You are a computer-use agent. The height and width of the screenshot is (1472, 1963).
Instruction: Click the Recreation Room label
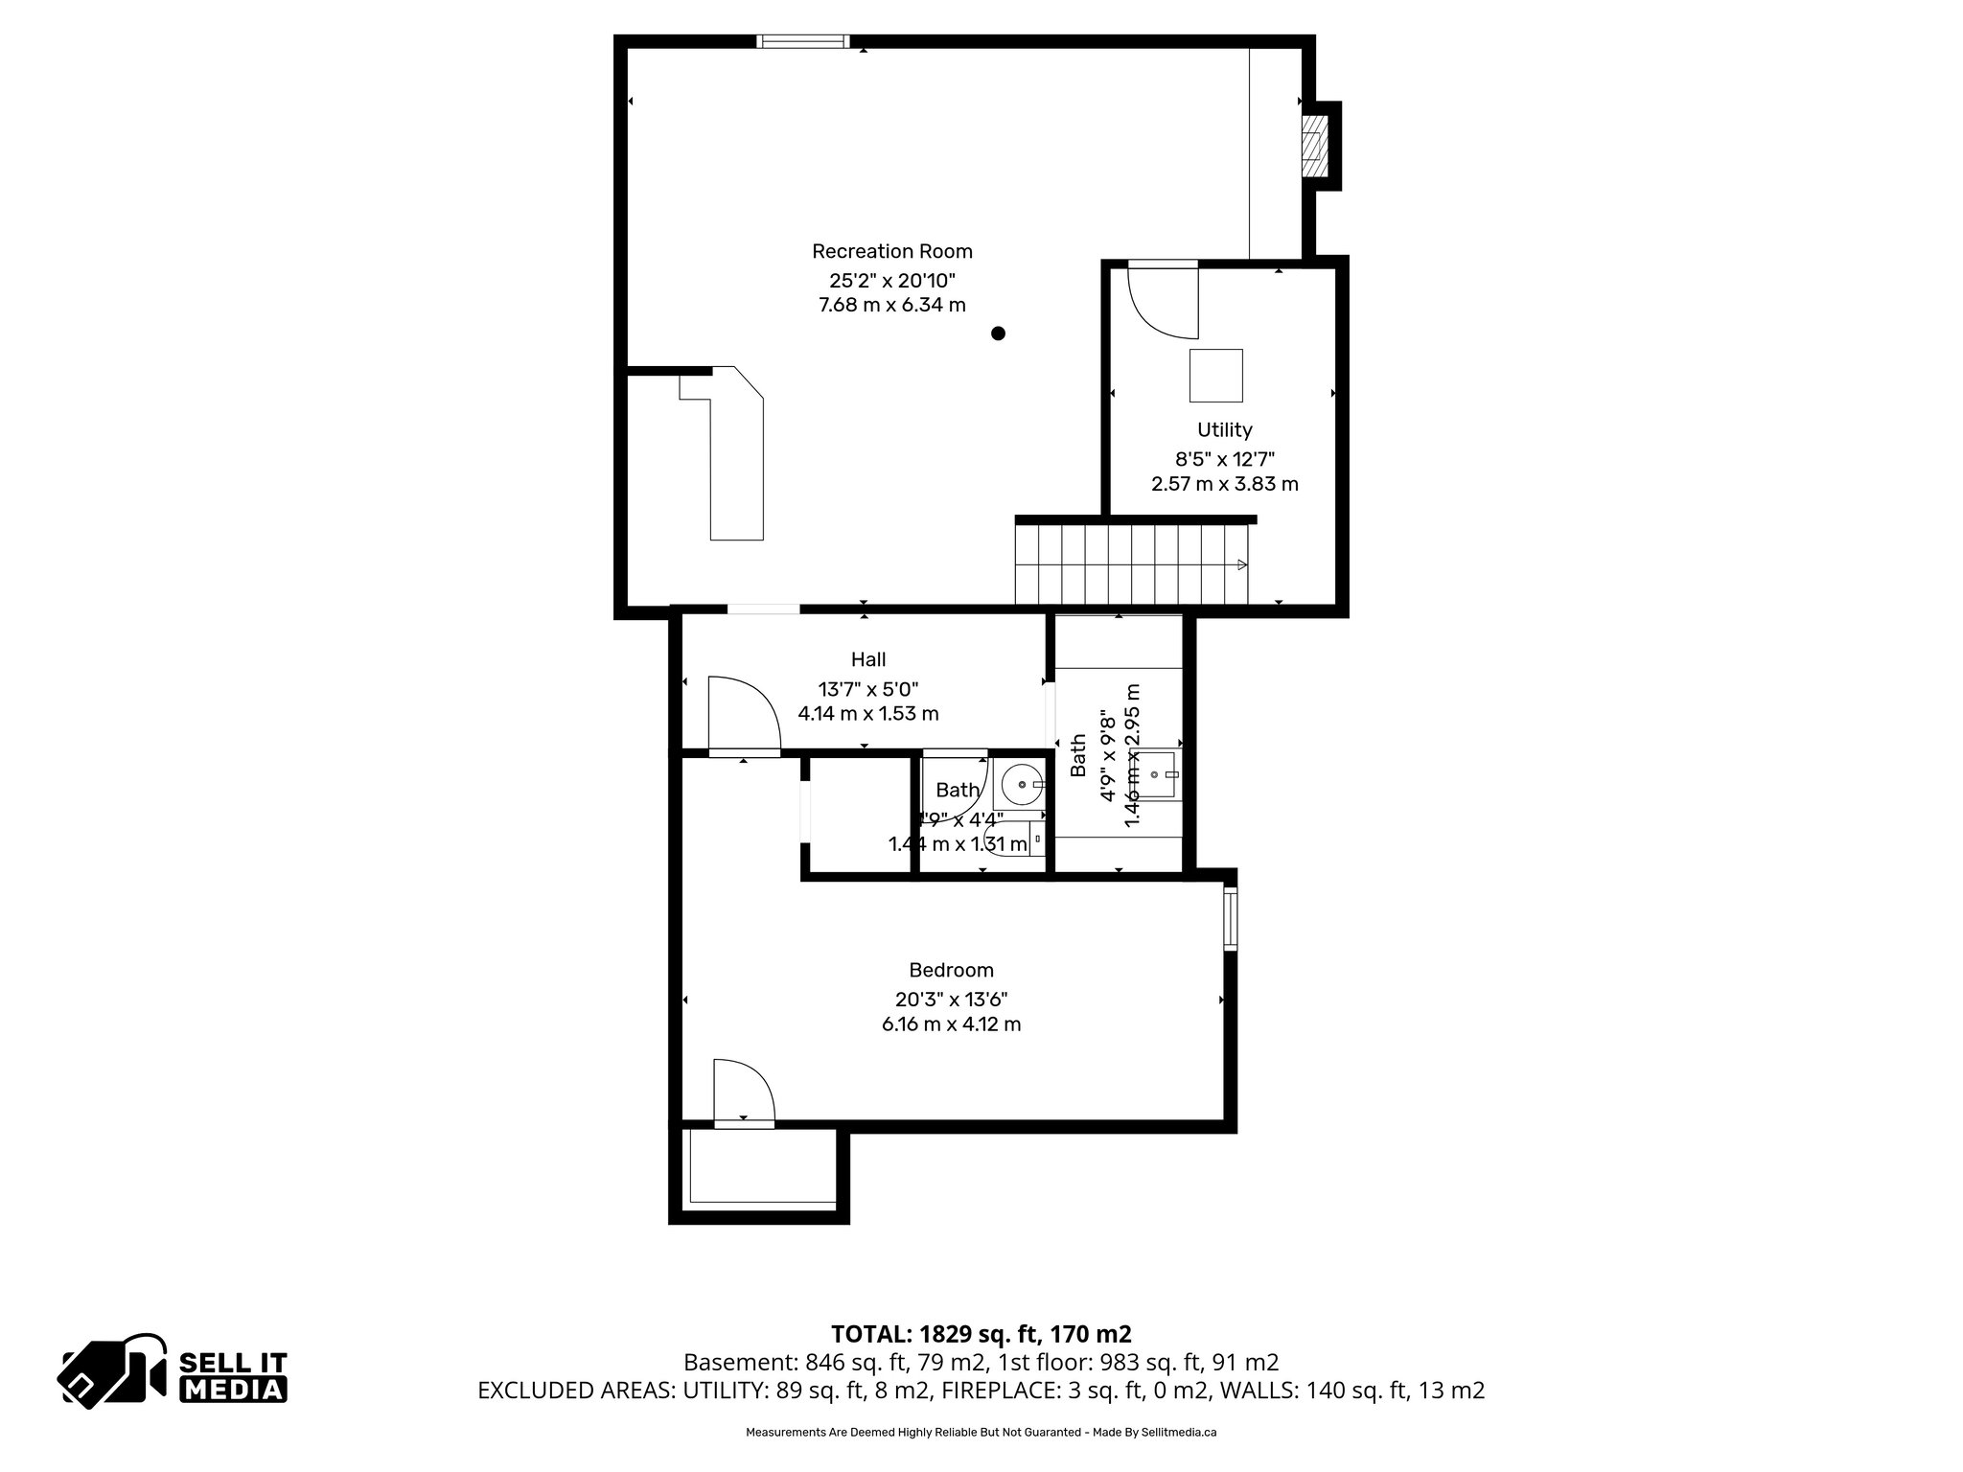pos(891,251)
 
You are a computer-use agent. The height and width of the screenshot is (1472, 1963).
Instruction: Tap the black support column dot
pos(998,333)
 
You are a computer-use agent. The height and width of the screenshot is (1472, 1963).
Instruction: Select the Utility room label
pos(1224,429)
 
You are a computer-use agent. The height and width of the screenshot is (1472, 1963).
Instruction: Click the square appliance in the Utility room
pos(1215,375)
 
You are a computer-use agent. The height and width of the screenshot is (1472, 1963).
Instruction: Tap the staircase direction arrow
pos(1242,564)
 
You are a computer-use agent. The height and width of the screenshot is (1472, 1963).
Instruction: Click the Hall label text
pos(868,659)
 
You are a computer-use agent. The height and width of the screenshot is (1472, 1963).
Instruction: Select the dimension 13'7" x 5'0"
pos(868,689)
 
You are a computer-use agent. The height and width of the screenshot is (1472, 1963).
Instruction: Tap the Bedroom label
pos(951,970)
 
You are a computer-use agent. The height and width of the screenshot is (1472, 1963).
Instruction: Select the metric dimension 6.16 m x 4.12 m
pos(951,1024)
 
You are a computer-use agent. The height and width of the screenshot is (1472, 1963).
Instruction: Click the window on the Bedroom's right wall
pos(1230,918)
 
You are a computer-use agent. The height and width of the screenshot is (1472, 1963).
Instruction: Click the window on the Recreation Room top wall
pos(802,41)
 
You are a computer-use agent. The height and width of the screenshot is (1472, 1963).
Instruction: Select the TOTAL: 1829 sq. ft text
pos(981,1334)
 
